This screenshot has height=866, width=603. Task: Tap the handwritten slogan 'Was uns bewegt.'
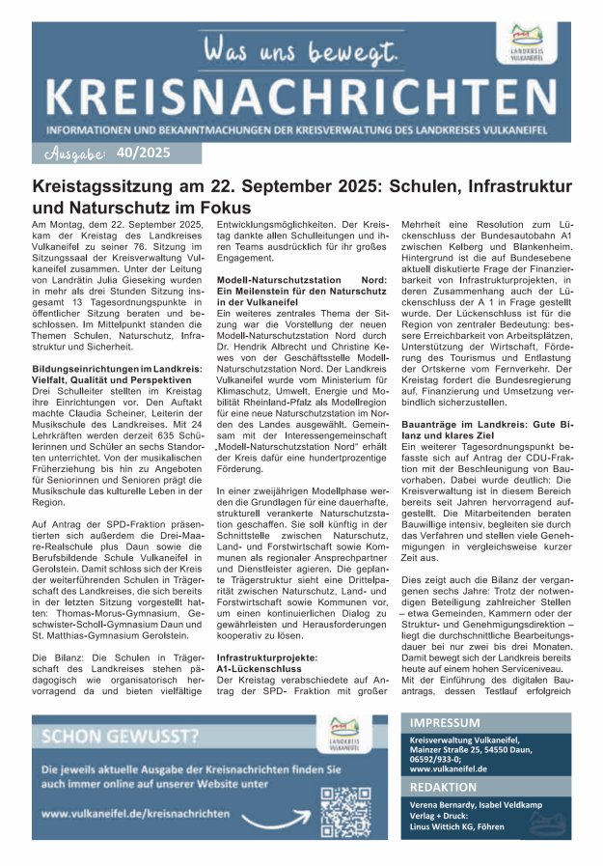[299, 48]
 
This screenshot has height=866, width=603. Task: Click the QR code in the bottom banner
[345, 810]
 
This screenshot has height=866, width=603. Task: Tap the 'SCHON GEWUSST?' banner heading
[121, 737]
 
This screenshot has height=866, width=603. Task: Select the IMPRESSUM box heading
[445, 723]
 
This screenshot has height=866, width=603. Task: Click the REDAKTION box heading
[443, 787]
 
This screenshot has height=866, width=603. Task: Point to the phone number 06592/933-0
[436, 759]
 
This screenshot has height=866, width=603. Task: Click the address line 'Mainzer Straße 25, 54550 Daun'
[465, 748]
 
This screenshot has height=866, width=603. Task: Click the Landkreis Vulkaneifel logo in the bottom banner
[344, 732]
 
